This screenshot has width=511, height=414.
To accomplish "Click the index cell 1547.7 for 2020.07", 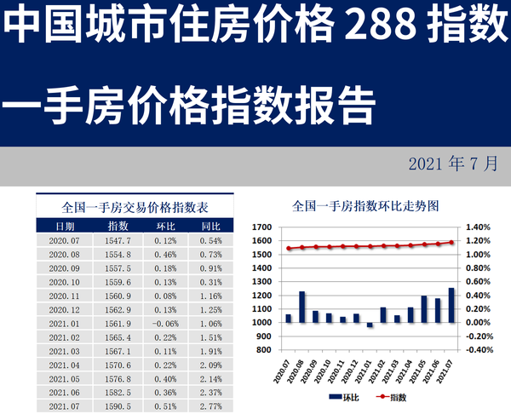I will [x=118, y=241].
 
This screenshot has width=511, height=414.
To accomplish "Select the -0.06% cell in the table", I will [x=165, y=324].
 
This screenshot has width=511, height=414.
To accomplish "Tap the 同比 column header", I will [x=210, y=226].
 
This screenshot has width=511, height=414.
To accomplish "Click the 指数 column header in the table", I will [x=118, y=226].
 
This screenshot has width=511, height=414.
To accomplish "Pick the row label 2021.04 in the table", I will [x=65, y=365].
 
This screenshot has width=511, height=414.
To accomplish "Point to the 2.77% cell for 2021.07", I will [x=210, y=406].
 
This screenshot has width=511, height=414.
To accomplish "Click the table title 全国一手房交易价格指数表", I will [x=136, y=206].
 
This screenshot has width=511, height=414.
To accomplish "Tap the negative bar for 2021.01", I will [x=370, y=325].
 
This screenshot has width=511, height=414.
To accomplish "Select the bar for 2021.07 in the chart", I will [x=451, y=305].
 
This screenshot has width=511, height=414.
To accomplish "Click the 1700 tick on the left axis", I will [x=261, y=227].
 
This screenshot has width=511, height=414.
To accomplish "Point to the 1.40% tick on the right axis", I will [x=479, y=227].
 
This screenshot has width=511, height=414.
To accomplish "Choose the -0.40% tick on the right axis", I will [x=479, y=349].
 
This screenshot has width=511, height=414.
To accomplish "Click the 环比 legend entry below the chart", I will [x=342, y=397].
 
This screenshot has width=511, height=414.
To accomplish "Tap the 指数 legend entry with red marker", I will [x=393, y=397].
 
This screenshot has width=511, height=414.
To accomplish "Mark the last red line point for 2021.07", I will [x=451, y=242].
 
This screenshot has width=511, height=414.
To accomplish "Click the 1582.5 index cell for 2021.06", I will [x=118, y=392].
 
